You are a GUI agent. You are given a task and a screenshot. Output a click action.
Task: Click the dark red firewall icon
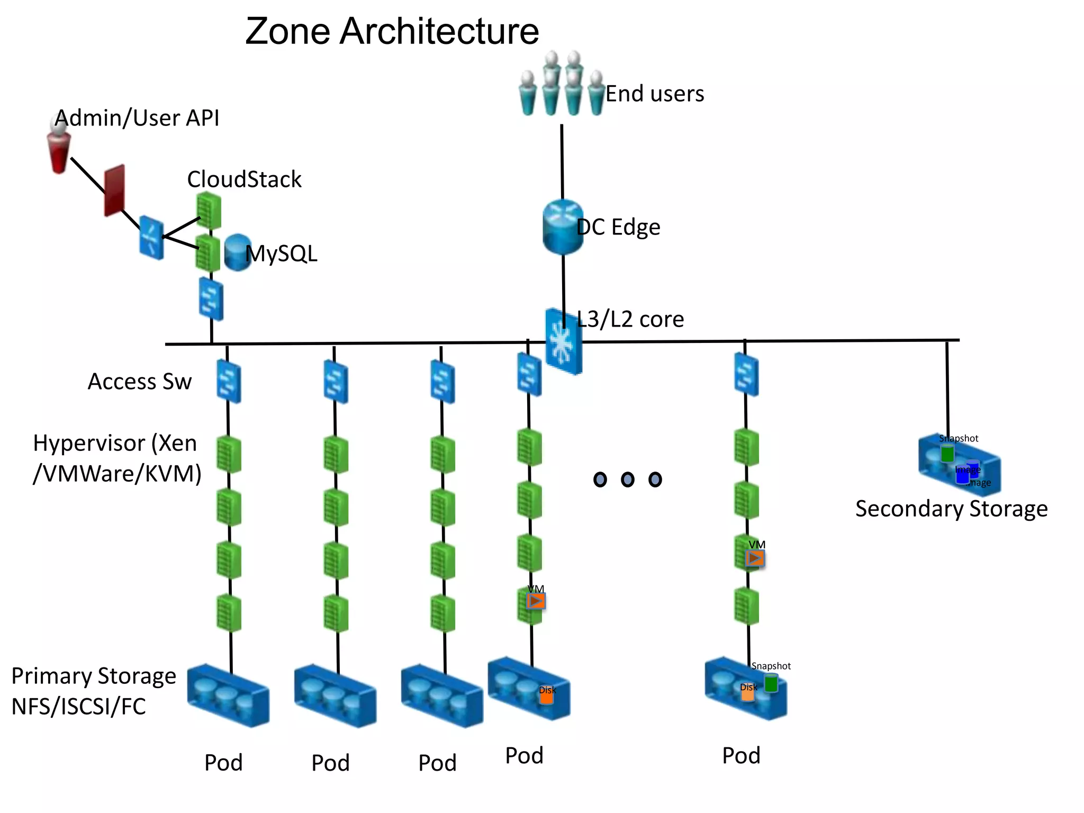coord(114,190)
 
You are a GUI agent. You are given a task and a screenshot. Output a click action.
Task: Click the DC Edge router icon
coord(563,227)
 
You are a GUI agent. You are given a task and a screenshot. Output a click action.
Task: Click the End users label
coord(654,94)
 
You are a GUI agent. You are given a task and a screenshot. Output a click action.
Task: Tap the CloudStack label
coord(244,179)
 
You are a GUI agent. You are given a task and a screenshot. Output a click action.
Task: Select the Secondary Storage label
coord(951,509)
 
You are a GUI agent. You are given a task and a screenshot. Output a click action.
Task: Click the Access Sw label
coord(140,382)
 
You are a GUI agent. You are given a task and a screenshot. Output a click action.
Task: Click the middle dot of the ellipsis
coord(627,480)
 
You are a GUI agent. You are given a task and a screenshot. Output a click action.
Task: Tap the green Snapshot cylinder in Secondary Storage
coord(947,454)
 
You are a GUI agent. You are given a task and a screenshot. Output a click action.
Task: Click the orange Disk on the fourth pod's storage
coord(546,695)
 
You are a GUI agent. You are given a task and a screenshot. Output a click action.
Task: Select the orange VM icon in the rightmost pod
coord(755,558)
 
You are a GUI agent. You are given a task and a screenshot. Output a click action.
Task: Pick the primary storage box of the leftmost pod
coord(228,695)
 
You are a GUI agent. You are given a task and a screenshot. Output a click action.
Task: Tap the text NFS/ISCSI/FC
coord(78,707)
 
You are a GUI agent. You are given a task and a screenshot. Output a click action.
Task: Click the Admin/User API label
coord(137,118)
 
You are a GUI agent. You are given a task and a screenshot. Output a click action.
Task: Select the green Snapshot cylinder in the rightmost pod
coord(771,684)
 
